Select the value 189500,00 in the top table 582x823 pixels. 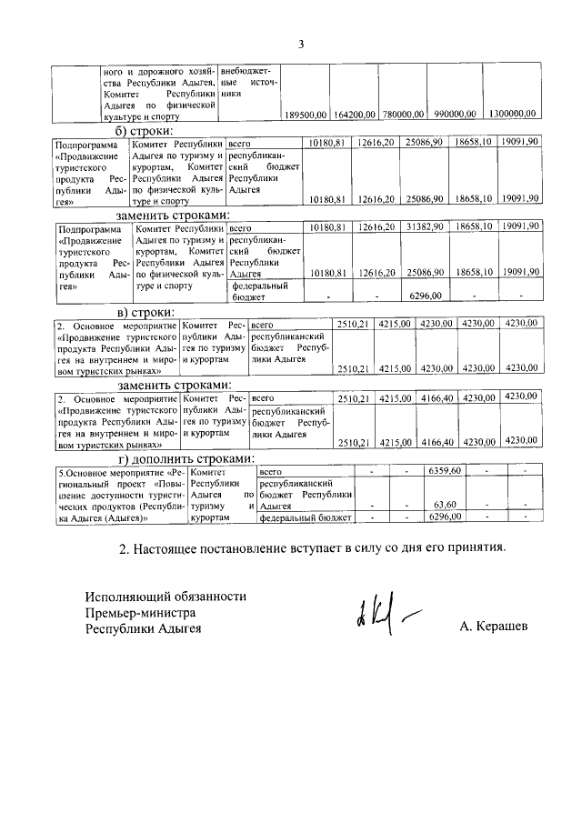306,115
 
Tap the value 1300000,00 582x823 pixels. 512,115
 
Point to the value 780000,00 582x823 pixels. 403,115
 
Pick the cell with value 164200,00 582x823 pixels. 355,115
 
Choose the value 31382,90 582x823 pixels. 424,227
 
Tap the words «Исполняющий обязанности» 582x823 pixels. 166,597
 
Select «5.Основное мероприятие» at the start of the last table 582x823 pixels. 95,472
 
